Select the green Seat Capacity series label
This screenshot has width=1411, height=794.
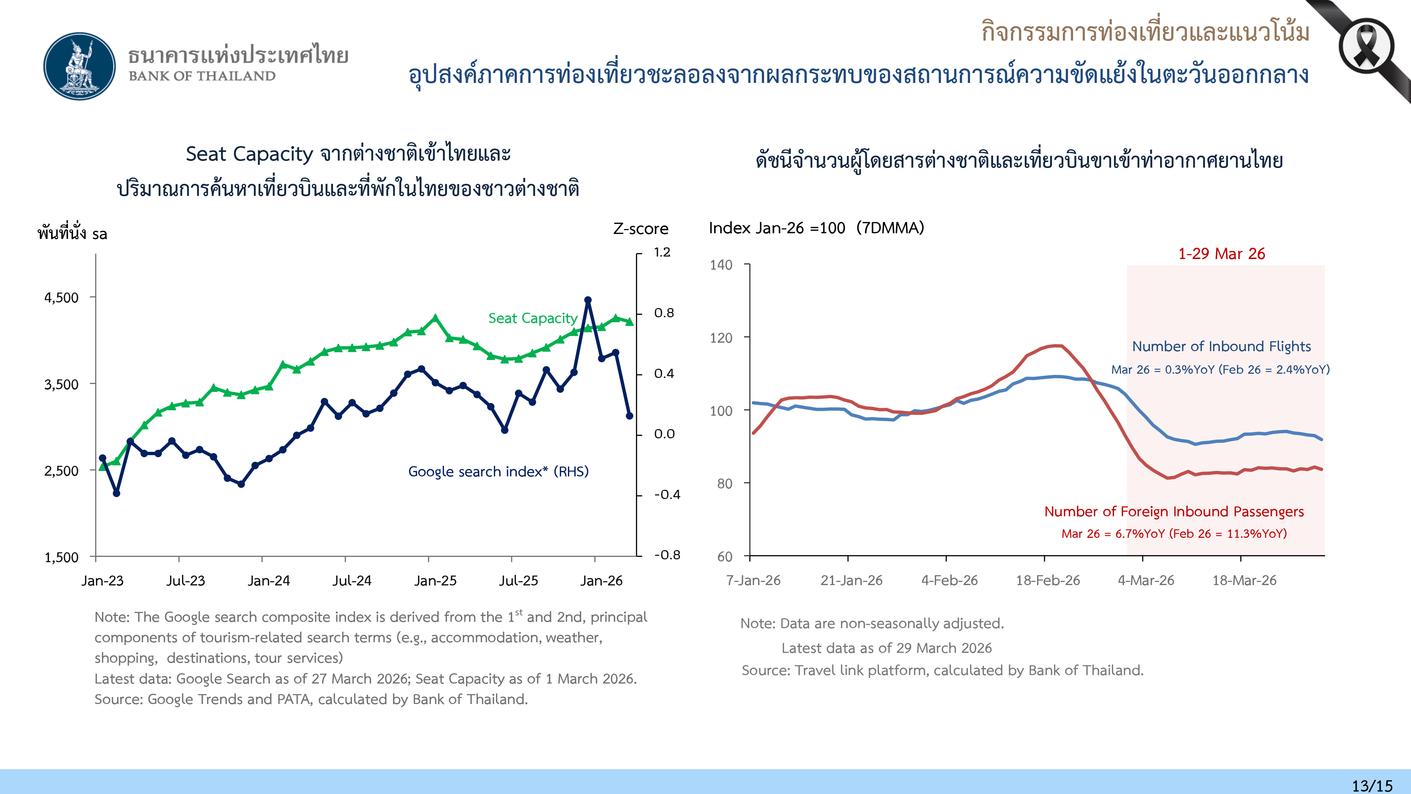[x=532, y=318]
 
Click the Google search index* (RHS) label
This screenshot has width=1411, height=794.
[x=498, y=472]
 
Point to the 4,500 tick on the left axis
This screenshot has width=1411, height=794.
[x=61, y=297]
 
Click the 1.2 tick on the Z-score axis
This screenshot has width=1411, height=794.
[x=662, y=252]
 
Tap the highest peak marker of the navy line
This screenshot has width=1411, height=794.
[x=588, y=300]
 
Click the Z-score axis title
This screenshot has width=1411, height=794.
[x=640, y=229]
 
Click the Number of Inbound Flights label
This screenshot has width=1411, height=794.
[x=1221, y=346]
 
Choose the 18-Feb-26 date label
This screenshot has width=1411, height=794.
[x=1048, y=580]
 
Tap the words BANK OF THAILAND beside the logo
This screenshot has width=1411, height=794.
[x=202, y=76]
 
